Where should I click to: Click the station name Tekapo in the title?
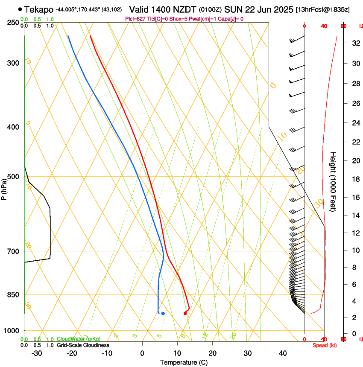click(x=39, y=9)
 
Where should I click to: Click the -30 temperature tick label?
click(x=37, y=353)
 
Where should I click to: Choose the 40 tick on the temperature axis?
click(x=283, y=353)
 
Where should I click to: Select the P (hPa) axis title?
click(x=4, y=188)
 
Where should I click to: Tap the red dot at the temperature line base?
click(x=185, y=314)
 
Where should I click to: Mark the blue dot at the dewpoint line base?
click(x=163, y=314)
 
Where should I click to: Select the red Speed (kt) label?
click(x=325, y=345)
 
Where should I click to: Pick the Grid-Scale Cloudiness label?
click(x=83, y=345)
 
